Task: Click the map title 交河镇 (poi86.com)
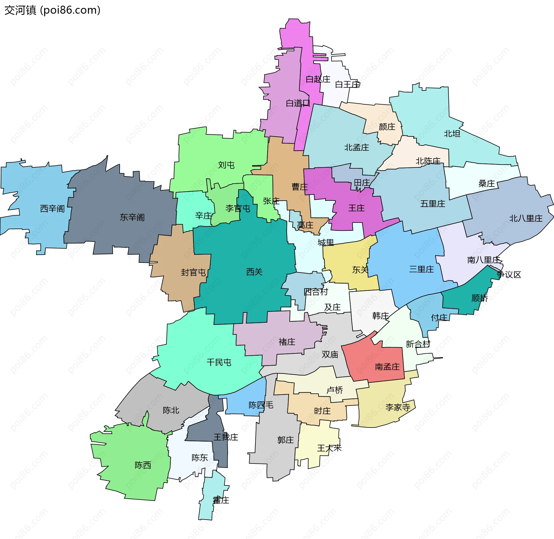tap(52, 10)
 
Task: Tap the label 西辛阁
tap(52, 208)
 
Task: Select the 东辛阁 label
tap(132, 217)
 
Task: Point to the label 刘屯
tap(226, 165)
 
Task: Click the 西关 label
tap(254, 272)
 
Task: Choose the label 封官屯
tap(193, 272)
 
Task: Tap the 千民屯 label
tap(219, 362)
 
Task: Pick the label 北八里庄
tap(526, 218)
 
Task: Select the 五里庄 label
tap(433, 204)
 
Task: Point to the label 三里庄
tap(421, 269)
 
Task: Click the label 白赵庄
tap(318, 79)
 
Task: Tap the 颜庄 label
tap(387, 127)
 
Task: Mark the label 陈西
tap(143, 465)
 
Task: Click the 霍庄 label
tap(221, 500)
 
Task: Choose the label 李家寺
tap(398, 407)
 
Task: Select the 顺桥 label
tap(479, 298)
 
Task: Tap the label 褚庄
tap(287, 342)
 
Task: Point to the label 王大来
tap(329, 448)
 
